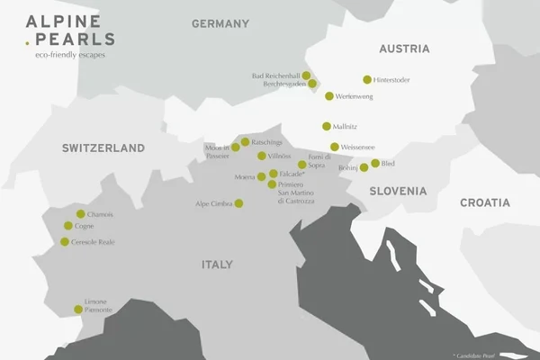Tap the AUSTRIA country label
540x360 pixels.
click(405, 48)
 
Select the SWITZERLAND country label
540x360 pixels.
click(103, 148)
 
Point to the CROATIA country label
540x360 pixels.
click(484, 202)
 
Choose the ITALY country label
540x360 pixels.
click(216, 265)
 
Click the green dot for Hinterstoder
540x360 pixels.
click(367, 79)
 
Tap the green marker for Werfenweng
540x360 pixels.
click(329, 95)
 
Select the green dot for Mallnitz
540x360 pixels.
click(327, 127)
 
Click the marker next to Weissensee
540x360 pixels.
click(335, 147)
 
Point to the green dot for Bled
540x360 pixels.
click(375, 163)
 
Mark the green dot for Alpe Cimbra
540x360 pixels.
click(239, 203)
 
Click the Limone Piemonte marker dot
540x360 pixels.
click(78, 310)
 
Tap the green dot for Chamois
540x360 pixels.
click(80, 214)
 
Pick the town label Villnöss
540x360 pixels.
click(281, 156)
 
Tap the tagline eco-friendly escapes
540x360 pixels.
click(62, 56)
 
